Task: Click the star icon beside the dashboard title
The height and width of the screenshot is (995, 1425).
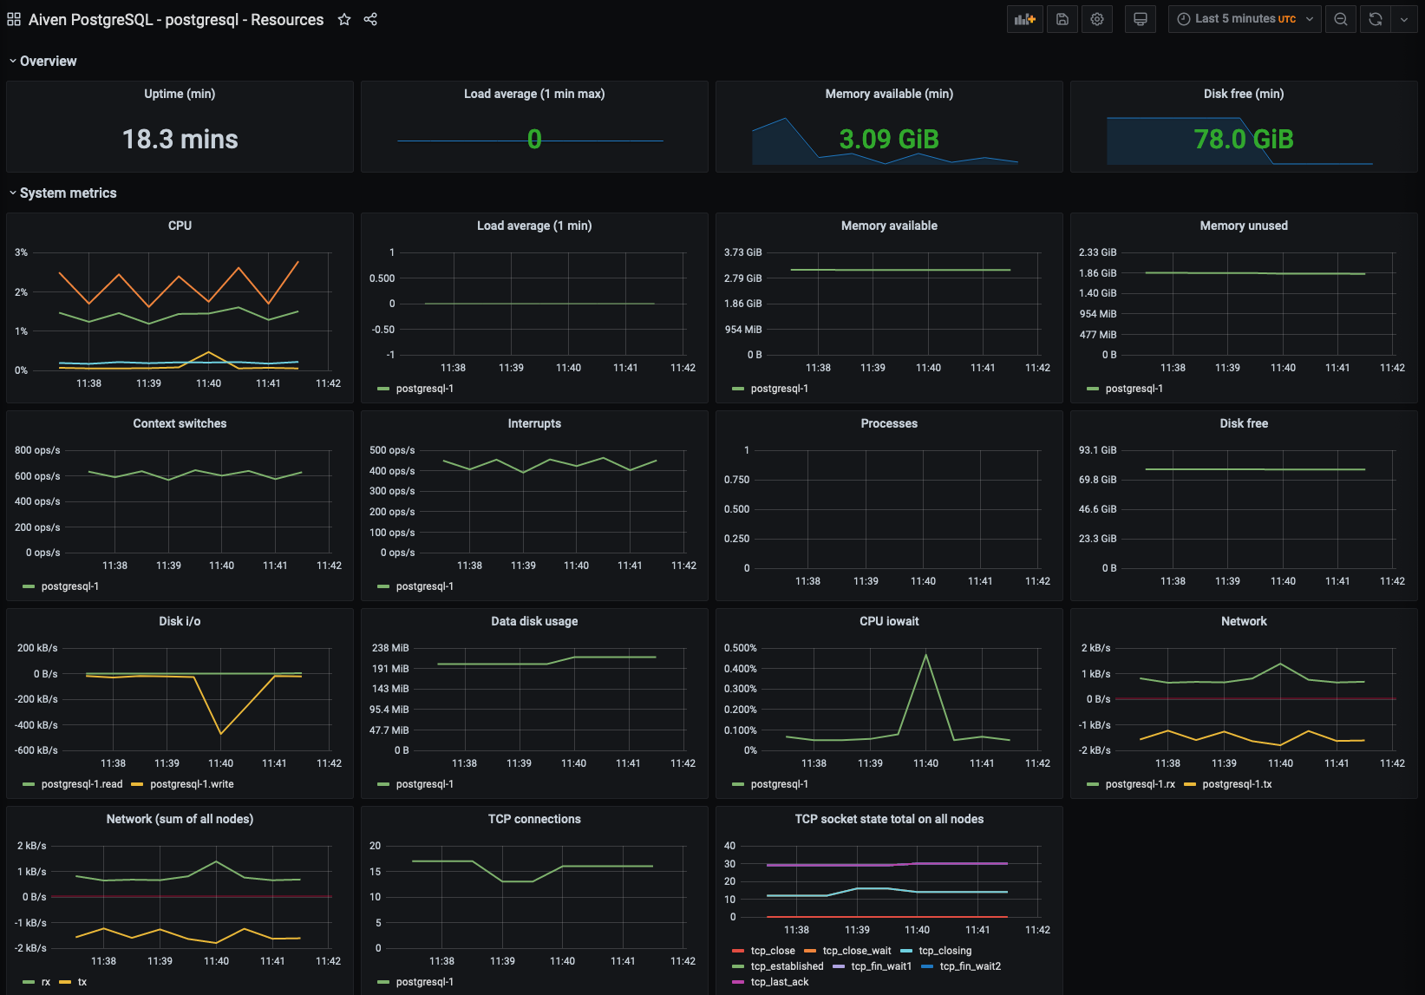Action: (x=344, y=19)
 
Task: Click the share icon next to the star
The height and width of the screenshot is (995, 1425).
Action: (x=370, y=19)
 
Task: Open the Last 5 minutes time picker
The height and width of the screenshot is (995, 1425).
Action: (x=1245, y=19)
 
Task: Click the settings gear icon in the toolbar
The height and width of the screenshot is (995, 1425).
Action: (x=1097, y=19)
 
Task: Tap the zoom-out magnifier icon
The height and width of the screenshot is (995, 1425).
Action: (x=1341, y=19)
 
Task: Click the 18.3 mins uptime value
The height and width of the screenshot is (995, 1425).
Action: (x=180, y=139)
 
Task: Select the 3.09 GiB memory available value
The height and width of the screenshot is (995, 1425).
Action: (x=889, y=139)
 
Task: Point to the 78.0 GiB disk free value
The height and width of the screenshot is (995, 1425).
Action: (x=1243, y=139)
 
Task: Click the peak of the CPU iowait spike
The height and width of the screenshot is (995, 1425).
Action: (x=926, y=655)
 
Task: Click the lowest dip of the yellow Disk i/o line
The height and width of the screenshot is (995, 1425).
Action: (x=220, y=734)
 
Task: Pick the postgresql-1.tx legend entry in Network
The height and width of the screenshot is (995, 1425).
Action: (x=1236, y=784)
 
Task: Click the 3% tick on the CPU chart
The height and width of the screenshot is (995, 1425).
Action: (x=21, y=252)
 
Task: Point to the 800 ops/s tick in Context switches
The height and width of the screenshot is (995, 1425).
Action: (x=37, y=450)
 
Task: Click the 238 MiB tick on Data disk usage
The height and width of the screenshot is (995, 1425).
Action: (x=390, y=648)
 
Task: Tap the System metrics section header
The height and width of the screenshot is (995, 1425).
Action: (x=68, y=193)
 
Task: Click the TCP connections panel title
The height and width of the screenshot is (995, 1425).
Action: (x=534, y=819)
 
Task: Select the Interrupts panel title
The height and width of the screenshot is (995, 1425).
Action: (x=534, y=423)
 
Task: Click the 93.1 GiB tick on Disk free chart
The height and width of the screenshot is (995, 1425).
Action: (x=1097, y=450)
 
